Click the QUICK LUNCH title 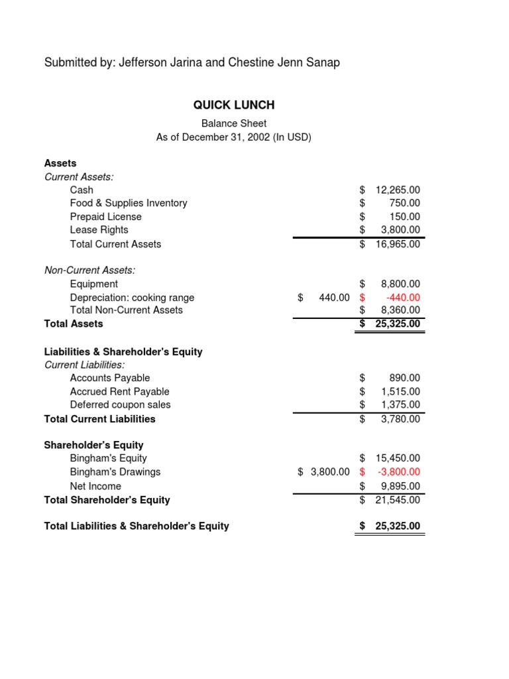point(233,105)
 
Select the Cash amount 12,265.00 point(398,190)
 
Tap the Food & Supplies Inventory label point(129,203)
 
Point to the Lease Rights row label point(99,230)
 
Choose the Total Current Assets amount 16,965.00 point(398,244)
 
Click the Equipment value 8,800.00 point(400,284)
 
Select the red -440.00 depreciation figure point(402,298)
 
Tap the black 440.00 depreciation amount point(334,298)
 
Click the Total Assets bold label point(74,324)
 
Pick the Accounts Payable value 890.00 point(404,378)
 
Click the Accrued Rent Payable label point(120,392)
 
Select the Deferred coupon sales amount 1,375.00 point(400,404)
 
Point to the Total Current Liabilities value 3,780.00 point(400,419)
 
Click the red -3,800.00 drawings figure point(399,472)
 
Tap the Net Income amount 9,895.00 point(400,486)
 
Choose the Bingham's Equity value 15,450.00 point(398,458)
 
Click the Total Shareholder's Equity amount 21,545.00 point(398,500)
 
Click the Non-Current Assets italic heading point(89,270)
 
